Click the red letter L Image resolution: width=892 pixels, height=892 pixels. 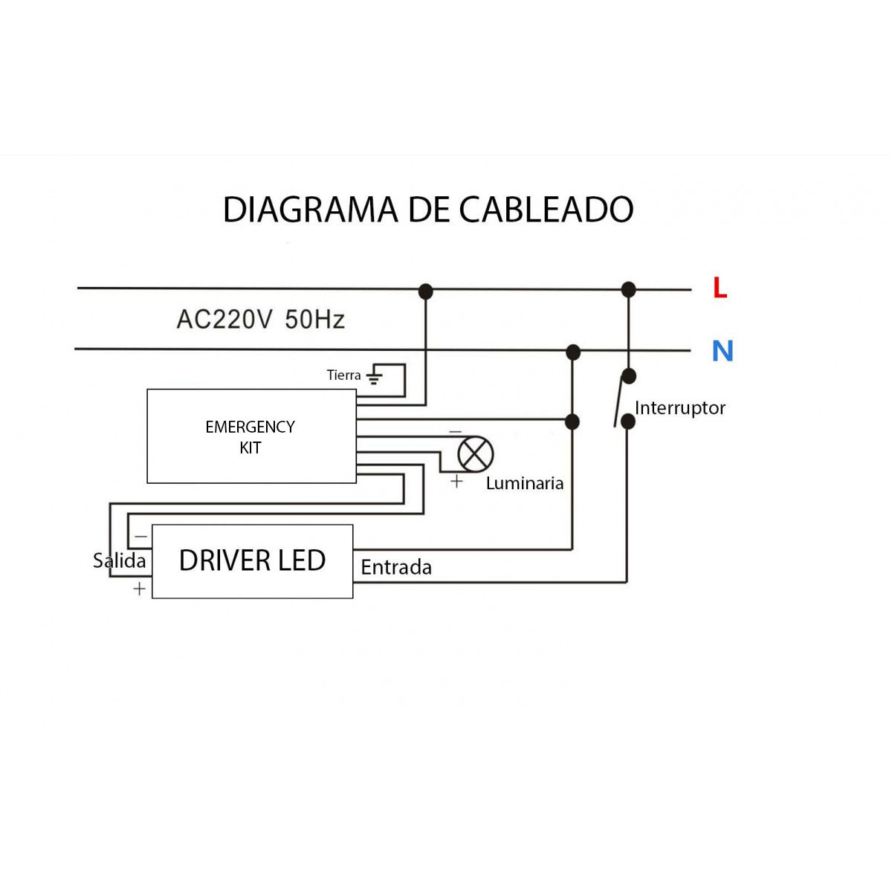pyautogui.click(x=719, y=288)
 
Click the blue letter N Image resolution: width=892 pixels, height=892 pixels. pyautogui.click(x=723, y=351)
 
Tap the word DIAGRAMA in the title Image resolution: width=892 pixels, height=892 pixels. pyautogui.click(x=310, y=210)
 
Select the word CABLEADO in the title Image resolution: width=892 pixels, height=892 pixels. pyautogui.click(x=546, y=210)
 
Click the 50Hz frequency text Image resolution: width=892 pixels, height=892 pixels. pyautogui.click(x=314, y=320)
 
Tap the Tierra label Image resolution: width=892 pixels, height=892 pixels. pyautogui.click(x=343, y=375)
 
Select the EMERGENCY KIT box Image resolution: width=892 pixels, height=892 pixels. pyautogui.click(x=251, y=436)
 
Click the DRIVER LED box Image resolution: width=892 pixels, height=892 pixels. pyautogui.click(x=252, y=561)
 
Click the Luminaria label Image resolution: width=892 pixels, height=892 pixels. pyautogui.click(x=525, y=484)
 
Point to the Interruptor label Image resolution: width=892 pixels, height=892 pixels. pyautogui.click(x=679, y=408)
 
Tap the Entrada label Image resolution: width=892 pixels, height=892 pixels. pyautogui.click(x=396, y=568)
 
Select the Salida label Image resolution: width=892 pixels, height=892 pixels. pyautogui.click(x=119, y=560)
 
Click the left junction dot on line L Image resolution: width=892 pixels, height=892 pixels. pyautogui.click(x=425, y=291)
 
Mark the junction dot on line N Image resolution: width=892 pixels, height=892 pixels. pyautogui.click(x=573, y=352)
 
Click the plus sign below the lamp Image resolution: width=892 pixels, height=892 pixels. pyautogui.click(x=456, y=482)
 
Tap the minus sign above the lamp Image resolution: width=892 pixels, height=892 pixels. pyautogui.click(x=455, y=432)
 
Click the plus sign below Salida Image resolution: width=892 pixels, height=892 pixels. pyautogui.click(x=139, y=589)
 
